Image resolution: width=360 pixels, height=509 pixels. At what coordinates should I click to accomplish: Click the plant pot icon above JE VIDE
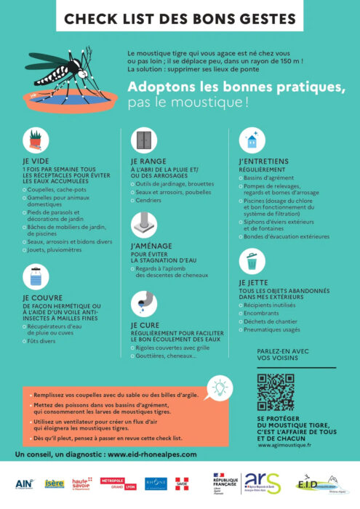coord(35,138)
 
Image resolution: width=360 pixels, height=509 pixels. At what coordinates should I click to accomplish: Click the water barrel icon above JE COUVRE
coord(35,276)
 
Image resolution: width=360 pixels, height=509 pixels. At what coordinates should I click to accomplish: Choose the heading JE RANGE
coord(148,161)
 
